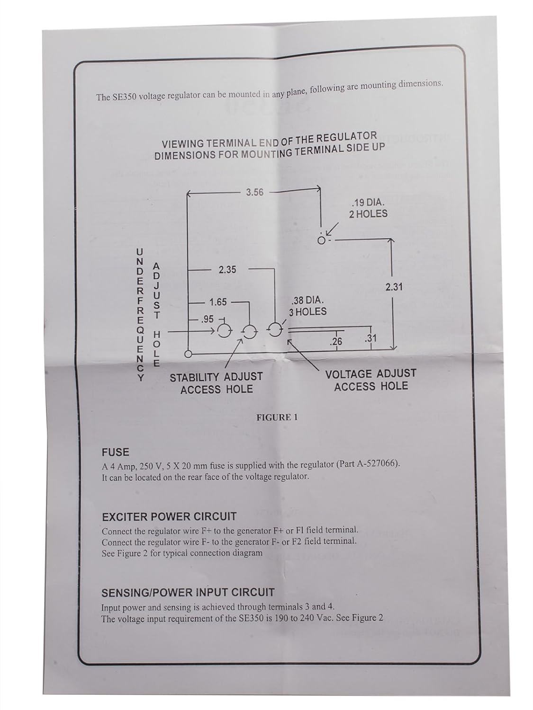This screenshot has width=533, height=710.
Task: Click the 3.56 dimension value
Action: pos(254,192)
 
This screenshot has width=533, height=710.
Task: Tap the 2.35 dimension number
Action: pos(227,270)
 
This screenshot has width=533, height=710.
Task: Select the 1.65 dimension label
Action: pos(218,302)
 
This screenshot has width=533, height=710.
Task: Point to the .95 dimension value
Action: pos(208,319)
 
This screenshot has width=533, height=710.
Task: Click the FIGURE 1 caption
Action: pos(277,417)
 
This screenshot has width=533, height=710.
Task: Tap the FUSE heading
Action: pos(116,453)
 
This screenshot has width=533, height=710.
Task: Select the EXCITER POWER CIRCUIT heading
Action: pos(169,516)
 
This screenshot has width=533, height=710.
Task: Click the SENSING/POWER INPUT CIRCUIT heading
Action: pos(188,592)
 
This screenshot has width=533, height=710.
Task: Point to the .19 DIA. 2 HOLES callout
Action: pos(368,209)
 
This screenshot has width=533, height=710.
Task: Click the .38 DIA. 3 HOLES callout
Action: pos(308,306)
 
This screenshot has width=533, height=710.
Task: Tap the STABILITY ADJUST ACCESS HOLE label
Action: pos(216,383)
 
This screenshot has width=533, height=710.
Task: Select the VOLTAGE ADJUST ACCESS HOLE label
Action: pos(370,380)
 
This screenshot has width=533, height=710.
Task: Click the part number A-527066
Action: pos(376,464)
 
